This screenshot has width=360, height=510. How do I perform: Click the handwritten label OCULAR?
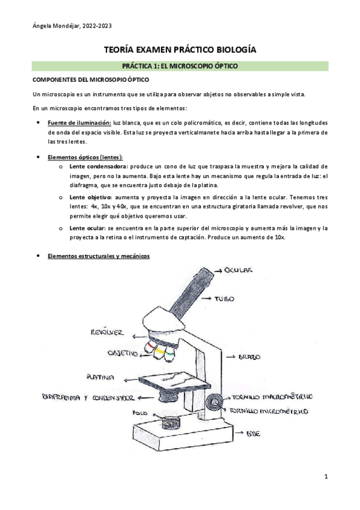(238, 270)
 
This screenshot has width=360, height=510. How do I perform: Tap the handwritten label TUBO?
(224, 298)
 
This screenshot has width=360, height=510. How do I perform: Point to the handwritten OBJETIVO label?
(123, 353)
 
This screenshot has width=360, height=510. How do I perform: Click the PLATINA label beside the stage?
(100, 377)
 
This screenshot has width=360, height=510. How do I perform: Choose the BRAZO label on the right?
(249, 357)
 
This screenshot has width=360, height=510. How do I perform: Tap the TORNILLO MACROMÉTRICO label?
(272, 397)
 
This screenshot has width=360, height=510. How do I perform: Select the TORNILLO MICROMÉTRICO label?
(269, 411)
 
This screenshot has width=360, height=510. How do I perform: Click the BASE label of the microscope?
(253, 434)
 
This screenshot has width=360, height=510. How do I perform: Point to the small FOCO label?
(139, 413)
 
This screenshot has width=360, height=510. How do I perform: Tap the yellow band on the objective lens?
(159, 351)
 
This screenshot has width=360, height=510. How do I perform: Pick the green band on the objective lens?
(169, 353)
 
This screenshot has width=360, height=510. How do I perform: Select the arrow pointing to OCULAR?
(218, 271)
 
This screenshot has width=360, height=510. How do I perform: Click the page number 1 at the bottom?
(326, 477)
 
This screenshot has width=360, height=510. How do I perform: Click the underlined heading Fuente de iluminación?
(79, 123)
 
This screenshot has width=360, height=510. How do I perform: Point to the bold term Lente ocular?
(87, 229)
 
